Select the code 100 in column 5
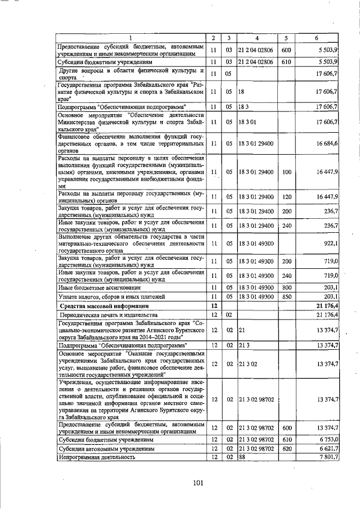coord(287,171)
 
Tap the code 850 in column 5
coord(287,296)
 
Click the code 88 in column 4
coord(242,457)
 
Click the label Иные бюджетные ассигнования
coord(100,287)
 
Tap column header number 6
coord(317,38)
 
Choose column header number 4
coord(256,38)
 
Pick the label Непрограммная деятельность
coord(97,457)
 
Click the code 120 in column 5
coord(287,196)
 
